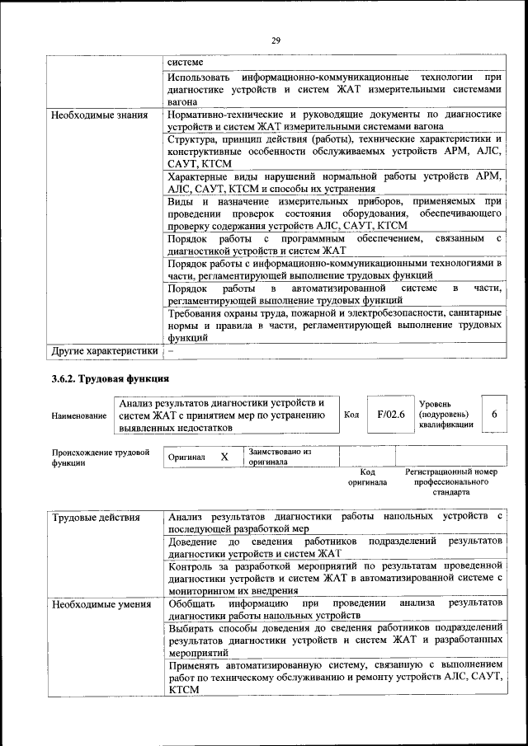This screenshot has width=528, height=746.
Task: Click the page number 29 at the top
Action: pos(276,40)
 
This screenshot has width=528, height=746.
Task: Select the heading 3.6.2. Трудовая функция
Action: pos(110,379)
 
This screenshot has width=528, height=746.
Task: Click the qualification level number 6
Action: pos(493,415)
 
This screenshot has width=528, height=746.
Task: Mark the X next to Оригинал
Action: pos(224,457)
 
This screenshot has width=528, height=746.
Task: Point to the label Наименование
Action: pos(79,416)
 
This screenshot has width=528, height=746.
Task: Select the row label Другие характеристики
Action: pos(105,350)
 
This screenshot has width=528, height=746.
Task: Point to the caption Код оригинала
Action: pos(367,476)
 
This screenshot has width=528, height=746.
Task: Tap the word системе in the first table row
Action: pos(184,62)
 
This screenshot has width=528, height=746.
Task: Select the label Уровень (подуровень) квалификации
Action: pos(446,414)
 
